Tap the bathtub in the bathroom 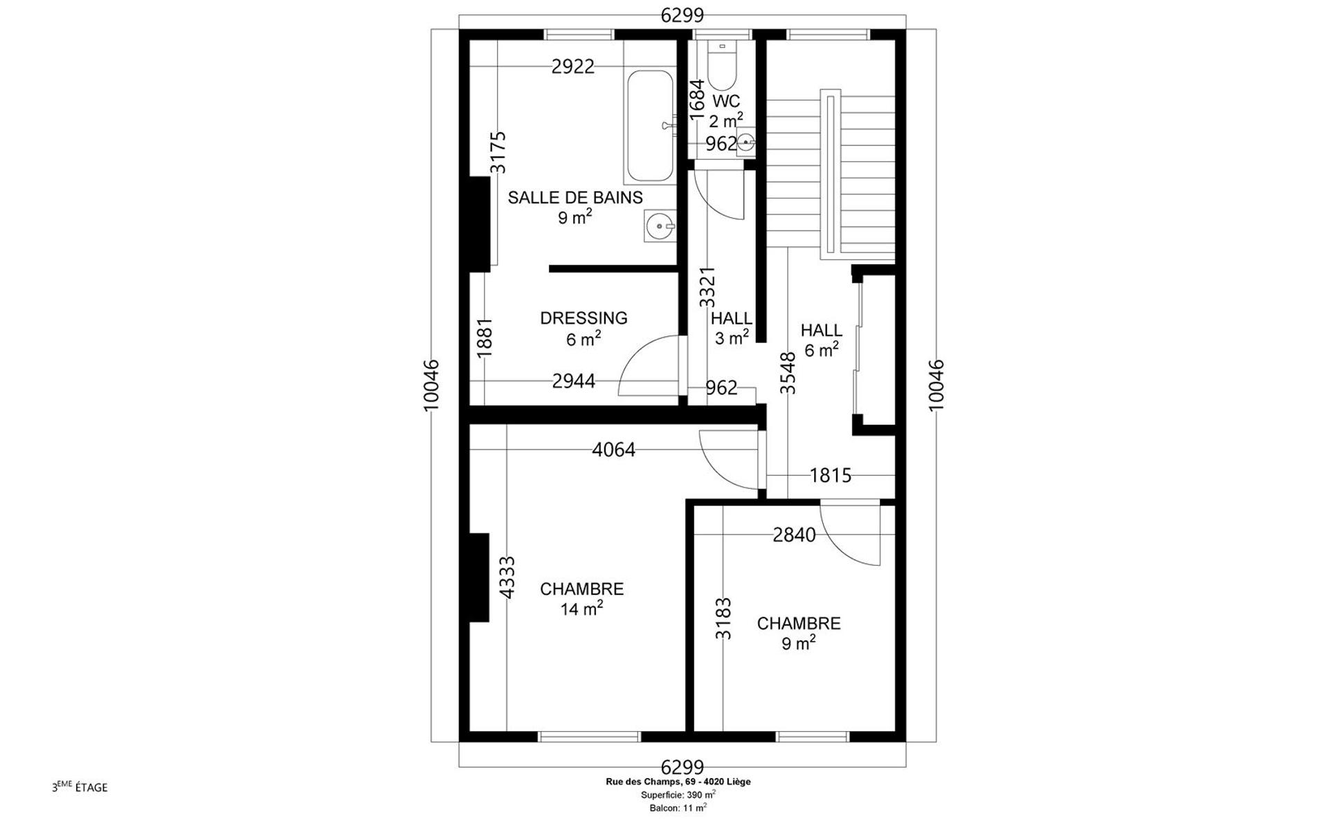pyautogui.click(x=650, y=127)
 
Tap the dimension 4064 pyautogui.click(x=613, y=450)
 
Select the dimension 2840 pyautogui.click(x=794, y=535)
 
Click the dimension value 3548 pyautogui.click(x=788, y=373)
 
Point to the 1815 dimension pyautogui.click(x=831, y=475)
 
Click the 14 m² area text pyautogui.click(x=581, y=609)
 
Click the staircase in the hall pyautogui.click(x=831, y=174)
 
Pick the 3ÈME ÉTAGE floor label pyautogui.click(x=80, y=787)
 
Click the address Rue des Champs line pyautogui.click(x=678, y=782)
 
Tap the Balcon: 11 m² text pyautogui.click(x=678, y=807)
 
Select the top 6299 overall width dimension pyautogui.click(x=682, y=15)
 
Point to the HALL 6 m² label pyautogui.click(x=822, y=340)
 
